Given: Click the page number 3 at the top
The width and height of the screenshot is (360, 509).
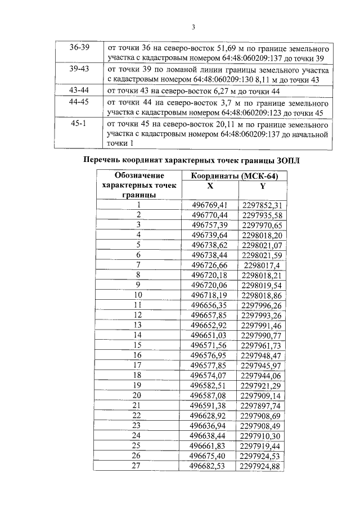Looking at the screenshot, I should tap(192, 27).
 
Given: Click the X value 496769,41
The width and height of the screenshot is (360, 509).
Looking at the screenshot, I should tap(210, 205).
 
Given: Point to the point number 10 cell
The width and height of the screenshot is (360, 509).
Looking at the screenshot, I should tap(138, 294).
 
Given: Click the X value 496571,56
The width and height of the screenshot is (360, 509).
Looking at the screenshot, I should tap(210, 344).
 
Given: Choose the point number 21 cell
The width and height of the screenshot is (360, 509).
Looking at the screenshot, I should tap(138, 405).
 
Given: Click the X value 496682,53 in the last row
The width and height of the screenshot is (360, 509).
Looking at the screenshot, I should tap(210, 466).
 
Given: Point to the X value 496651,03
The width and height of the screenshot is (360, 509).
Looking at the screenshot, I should tap(210, 335).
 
